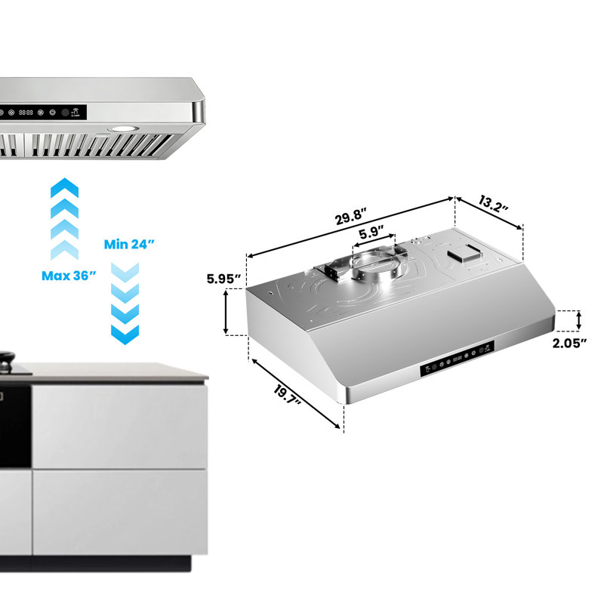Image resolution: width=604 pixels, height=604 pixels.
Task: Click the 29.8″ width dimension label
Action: (x=350, y=217)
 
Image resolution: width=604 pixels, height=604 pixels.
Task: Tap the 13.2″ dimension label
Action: (x=494, y=203)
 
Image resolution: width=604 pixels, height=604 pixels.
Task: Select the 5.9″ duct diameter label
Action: (x=371, y=233)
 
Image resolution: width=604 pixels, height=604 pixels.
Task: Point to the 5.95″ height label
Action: (x=223, y=279)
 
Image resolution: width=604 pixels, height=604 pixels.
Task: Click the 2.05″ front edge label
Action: (x=570, y=343)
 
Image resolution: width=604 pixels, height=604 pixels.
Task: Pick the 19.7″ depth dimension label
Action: (x=287, y=396)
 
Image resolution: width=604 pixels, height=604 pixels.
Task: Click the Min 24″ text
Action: (x=129, y=244)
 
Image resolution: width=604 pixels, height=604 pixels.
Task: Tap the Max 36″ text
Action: (x=69, y=276)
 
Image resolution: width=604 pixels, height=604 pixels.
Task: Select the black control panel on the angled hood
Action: (x=457, y=359)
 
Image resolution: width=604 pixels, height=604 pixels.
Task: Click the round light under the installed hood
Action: (x=124, y=128)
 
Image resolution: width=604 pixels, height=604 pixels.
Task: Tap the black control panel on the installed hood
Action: (x=43, y=112)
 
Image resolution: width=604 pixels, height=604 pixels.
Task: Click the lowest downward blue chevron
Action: (x=125, y=334)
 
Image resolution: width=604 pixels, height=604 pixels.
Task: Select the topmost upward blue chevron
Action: (x=65, y=187)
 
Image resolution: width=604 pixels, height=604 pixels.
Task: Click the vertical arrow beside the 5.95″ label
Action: (x=226, y=312)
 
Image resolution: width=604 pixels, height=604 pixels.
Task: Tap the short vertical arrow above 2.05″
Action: (x=578, y=321)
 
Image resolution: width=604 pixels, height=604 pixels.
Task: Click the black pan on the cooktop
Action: (x=7, y=362)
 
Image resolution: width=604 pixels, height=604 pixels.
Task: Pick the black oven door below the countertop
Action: (x=15, y=427)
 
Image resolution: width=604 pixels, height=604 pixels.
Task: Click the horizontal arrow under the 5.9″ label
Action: (x=374, y=240)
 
